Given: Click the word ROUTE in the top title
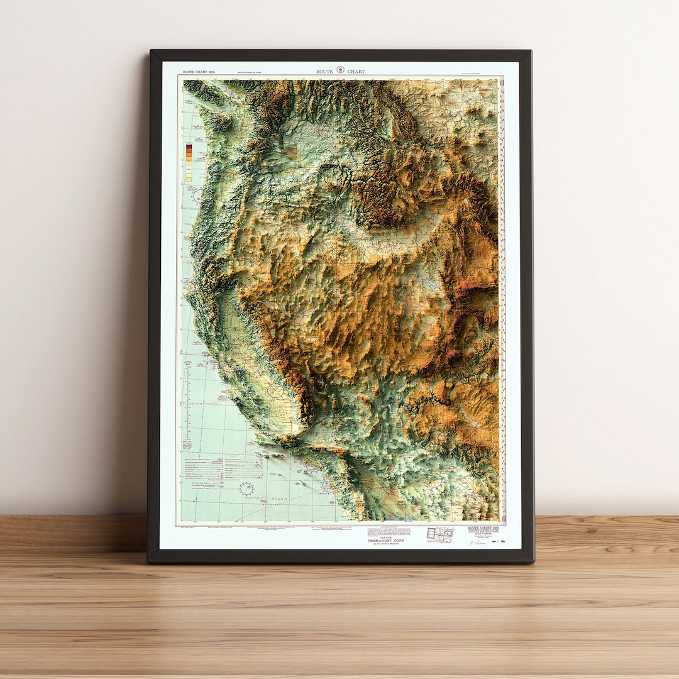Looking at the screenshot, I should click(324, 72).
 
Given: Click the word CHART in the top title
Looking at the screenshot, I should click(356, 72).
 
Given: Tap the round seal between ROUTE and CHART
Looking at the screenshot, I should click(340, 70).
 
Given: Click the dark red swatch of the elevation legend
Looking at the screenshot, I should click(189, 148).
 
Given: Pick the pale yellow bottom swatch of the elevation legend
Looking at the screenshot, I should click(189, 179).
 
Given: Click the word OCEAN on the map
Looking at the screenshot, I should click(277, 499).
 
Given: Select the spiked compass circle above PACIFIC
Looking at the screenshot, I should click(246, 489).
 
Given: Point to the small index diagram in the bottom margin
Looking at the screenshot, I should click(440, 534).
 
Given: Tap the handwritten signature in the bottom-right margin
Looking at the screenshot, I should click(478, 543).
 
